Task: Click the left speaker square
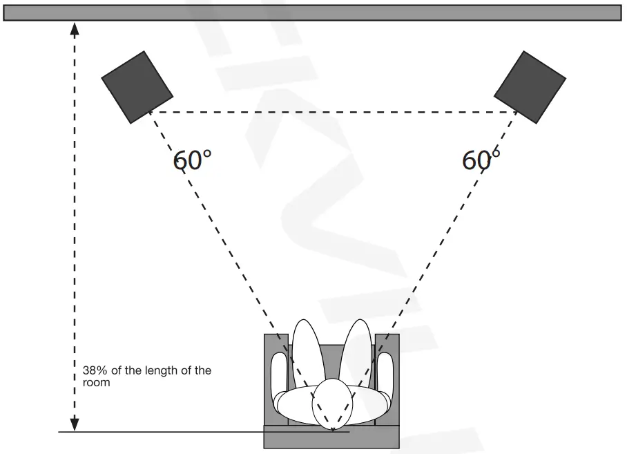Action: coord(137,86)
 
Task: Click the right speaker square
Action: coord(530,86)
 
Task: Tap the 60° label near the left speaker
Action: coord(192,160)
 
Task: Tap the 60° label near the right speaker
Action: coord(481,160)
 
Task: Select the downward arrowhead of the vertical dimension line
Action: coord(75,422)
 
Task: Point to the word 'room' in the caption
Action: coord(96,382)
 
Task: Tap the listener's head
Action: coord(332,404)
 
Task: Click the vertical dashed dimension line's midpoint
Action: coord(75,226)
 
